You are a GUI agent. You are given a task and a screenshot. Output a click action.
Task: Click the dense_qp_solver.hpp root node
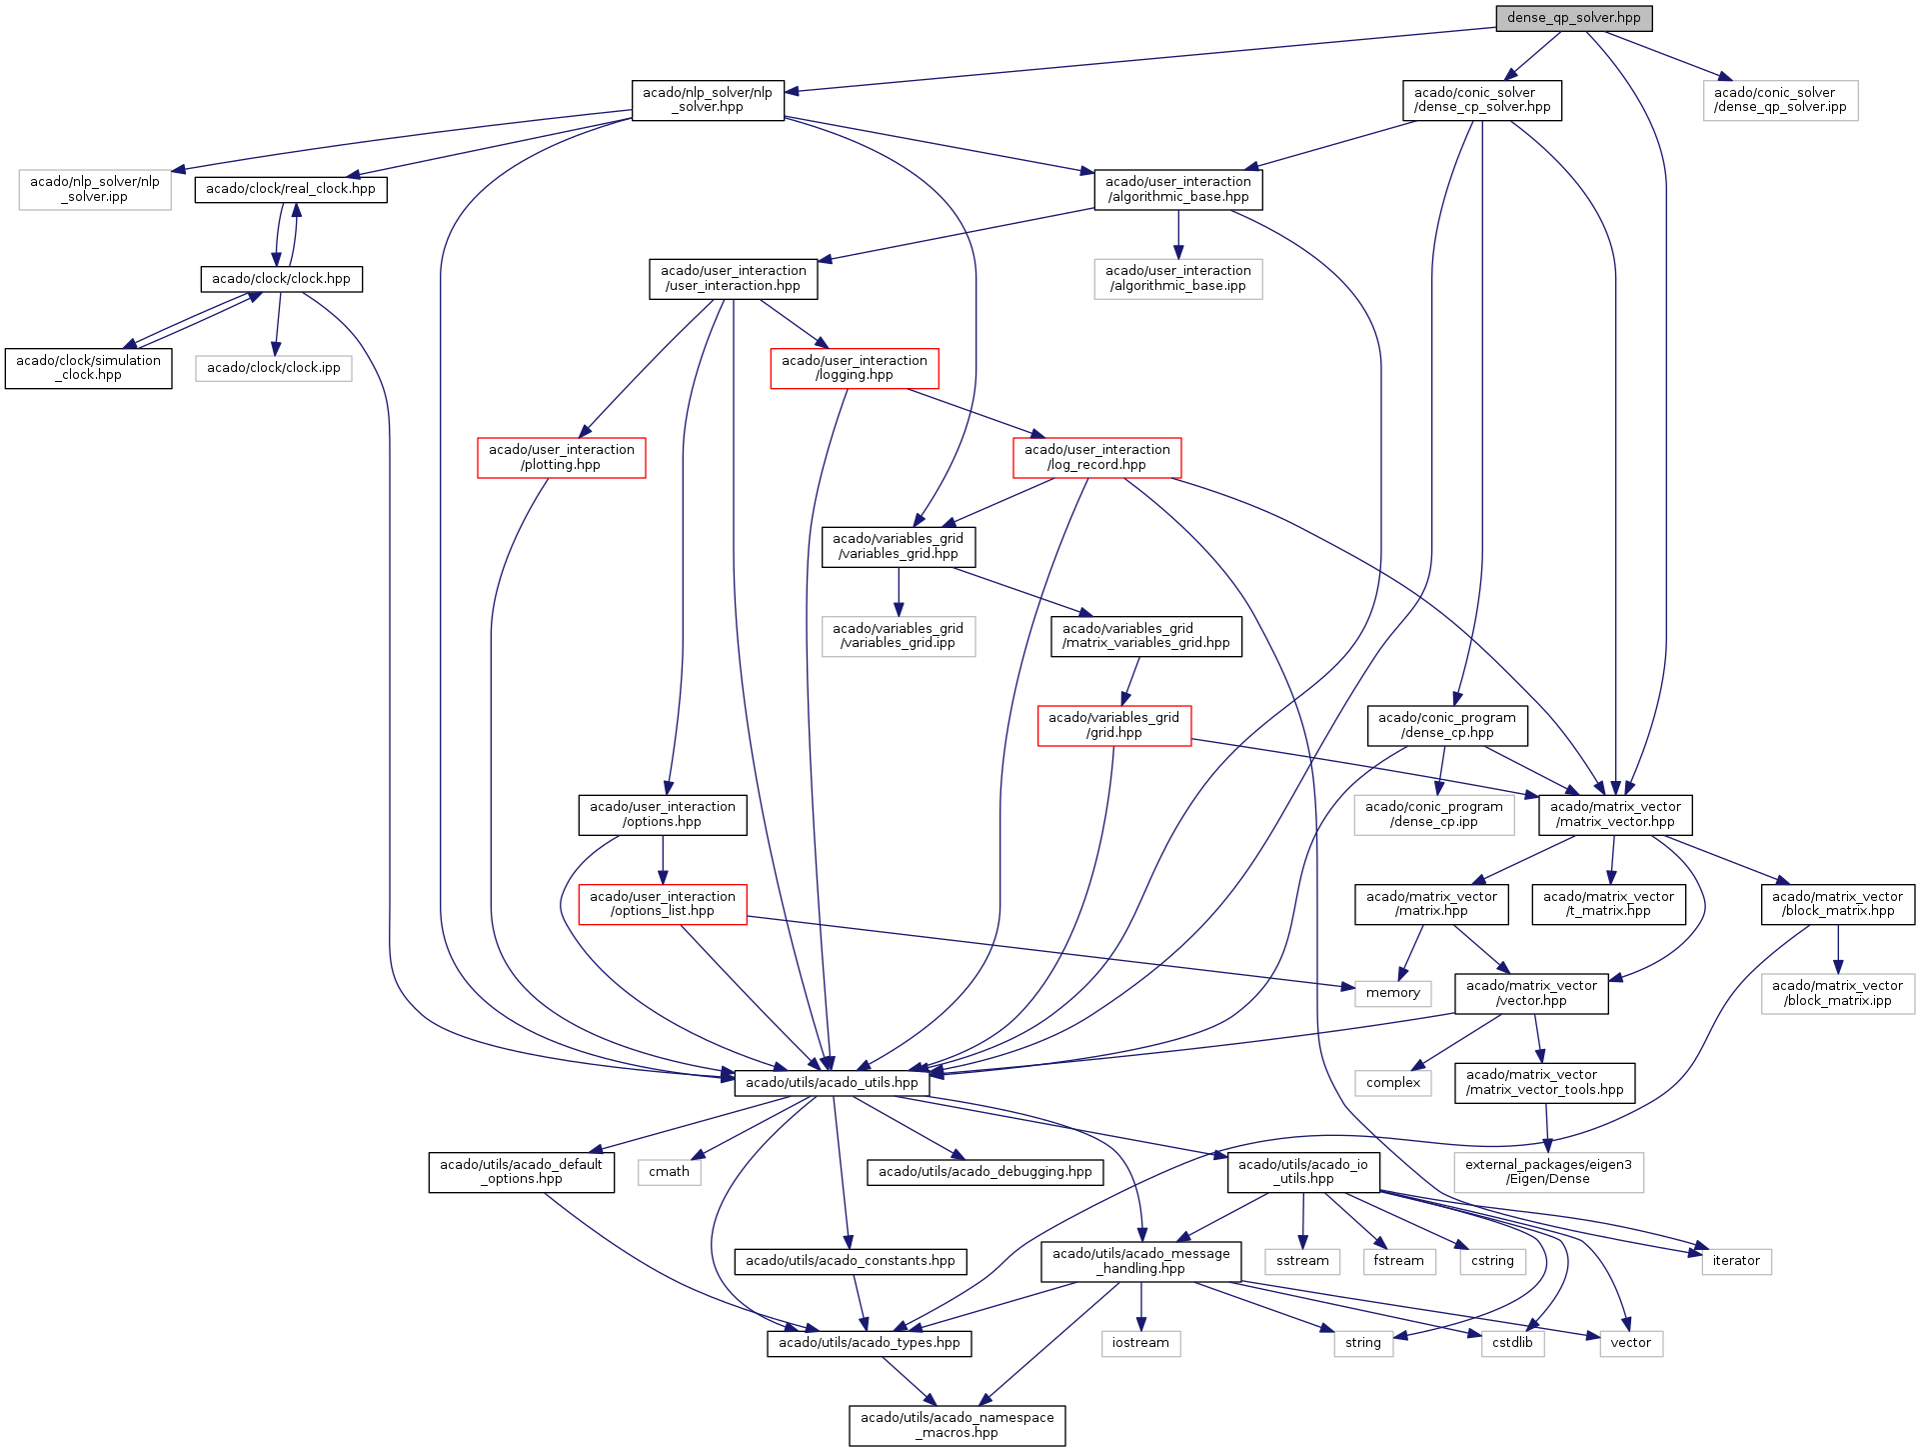coord(1573,18)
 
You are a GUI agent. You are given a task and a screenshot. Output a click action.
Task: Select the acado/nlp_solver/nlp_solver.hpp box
coord(708,100)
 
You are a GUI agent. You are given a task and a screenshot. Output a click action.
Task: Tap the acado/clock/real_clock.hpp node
coord(290,189)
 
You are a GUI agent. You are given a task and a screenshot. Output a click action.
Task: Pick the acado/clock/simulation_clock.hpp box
coord(88,368)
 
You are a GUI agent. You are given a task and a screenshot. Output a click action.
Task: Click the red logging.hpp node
coord(854,368)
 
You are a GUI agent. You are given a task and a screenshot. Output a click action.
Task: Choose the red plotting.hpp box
coord(561,457)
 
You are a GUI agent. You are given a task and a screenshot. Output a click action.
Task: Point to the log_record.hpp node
coord(1096,457)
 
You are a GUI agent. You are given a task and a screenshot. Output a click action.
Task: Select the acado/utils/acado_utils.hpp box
coord(832,1083)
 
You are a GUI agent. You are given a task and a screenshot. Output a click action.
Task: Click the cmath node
coord(669,1172)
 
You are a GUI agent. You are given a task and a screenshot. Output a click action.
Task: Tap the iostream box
coord(1140,1343)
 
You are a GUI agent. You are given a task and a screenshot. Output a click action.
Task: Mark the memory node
coord(1392,993)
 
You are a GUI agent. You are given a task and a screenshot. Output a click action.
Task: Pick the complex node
coord(1392,1083)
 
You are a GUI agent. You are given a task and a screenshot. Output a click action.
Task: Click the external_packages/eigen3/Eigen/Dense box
coord(1547,1172)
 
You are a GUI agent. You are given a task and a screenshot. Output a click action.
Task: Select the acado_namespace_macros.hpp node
coord(957,1425)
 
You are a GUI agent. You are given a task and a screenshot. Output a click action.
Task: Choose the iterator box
coord(1736,1261)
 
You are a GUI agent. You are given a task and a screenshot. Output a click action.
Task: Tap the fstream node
coord(1398,1261)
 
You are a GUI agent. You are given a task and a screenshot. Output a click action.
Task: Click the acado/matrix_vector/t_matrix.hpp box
coord(1608,904)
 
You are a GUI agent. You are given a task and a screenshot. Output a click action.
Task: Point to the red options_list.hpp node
coord(662,904)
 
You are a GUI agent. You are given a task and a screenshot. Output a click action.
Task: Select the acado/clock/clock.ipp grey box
coord(273,368)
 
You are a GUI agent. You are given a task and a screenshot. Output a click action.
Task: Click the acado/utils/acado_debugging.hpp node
coord(984,1172)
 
